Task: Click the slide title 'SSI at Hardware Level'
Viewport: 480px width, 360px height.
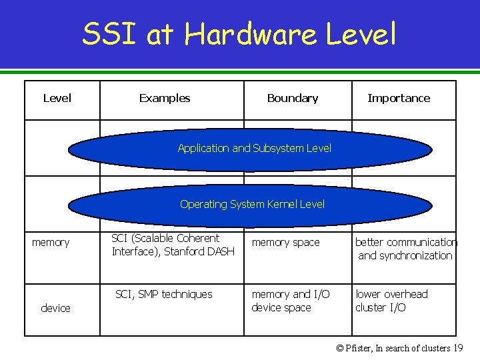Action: click(x=239, y=34)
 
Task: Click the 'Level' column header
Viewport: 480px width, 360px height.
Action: click(x=57, y=98)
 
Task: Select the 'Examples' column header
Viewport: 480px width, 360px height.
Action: click(x=165, y=98)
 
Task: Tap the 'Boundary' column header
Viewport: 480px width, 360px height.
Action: click(x=292, y=98)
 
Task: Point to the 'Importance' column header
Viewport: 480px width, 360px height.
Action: click(x=399, y=98)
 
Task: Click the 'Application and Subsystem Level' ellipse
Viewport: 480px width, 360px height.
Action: click(x=254, y=149)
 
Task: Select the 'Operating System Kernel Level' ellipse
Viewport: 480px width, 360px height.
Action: click(x=252, y=205)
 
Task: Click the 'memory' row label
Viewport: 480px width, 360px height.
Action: click(x=51, y=243)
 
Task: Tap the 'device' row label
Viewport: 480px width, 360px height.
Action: click(x=55, y=308)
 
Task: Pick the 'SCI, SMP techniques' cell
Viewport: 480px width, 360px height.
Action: click(x=164, y=294)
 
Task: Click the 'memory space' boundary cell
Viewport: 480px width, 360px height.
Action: click(x=285, y=243)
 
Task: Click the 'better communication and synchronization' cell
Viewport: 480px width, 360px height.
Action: click(x=405, y=249)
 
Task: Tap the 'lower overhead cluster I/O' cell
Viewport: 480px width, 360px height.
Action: click(x=391, y=301)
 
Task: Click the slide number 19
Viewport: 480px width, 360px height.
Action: click(x=457, y=348)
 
